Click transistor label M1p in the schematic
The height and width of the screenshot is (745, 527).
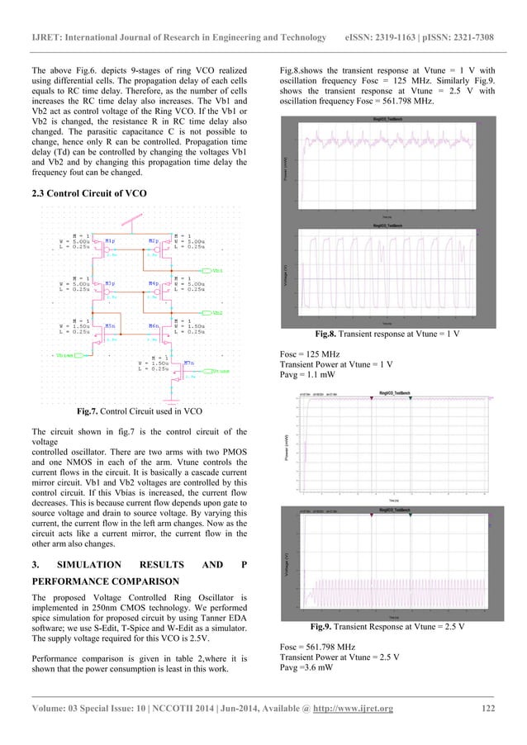pos(110,241)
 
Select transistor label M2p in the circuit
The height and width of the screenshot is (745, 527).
pos(154,241)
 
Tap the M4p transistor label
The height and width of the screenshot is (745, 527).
pos(154,283)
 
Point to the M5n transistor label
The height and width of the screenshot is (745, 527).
pos(110,325)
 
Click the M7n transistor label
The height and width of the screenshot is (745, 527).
pos(189,362)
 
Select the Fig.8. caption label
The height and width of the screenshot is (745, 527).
pos(331,335)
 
